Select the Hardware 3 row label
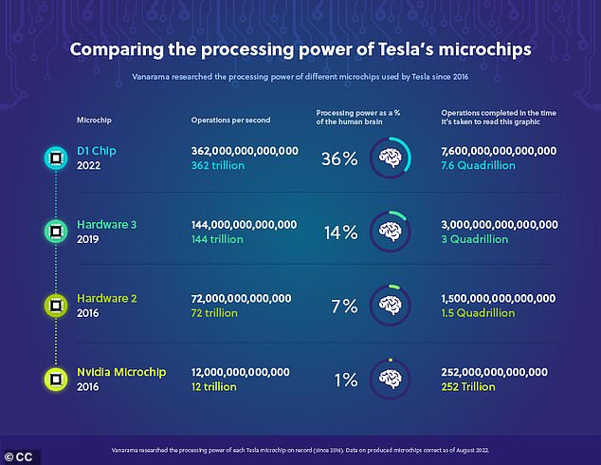click(107, 224)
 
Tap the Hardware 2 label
click(107, 298)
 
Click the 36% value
click(337, 158)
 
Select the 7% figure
click(343, 307)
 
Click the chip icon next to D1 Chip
click(56, 158)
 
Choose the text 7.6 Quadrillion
click(478, 165)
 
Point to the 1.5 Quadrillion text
click(478, 313)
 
